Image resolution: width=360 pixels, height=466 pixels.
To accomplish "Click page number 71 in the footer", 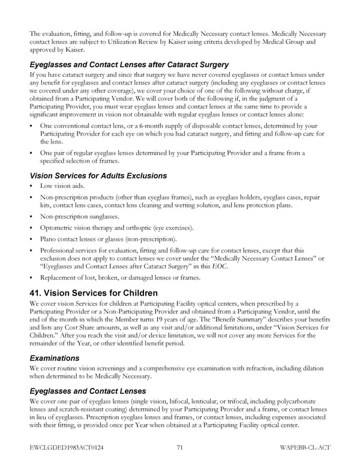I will pos(180,447).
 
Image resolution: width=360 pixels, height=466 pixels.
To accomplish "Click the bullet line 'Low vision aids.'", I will pos(62,186).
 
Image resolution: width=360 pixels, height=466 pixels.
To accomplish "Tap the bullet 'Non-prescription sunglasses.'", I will pos(79,216).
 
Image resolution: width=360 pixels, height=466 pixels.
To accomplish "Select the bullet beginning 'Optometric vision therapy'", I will pos(116,228).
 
